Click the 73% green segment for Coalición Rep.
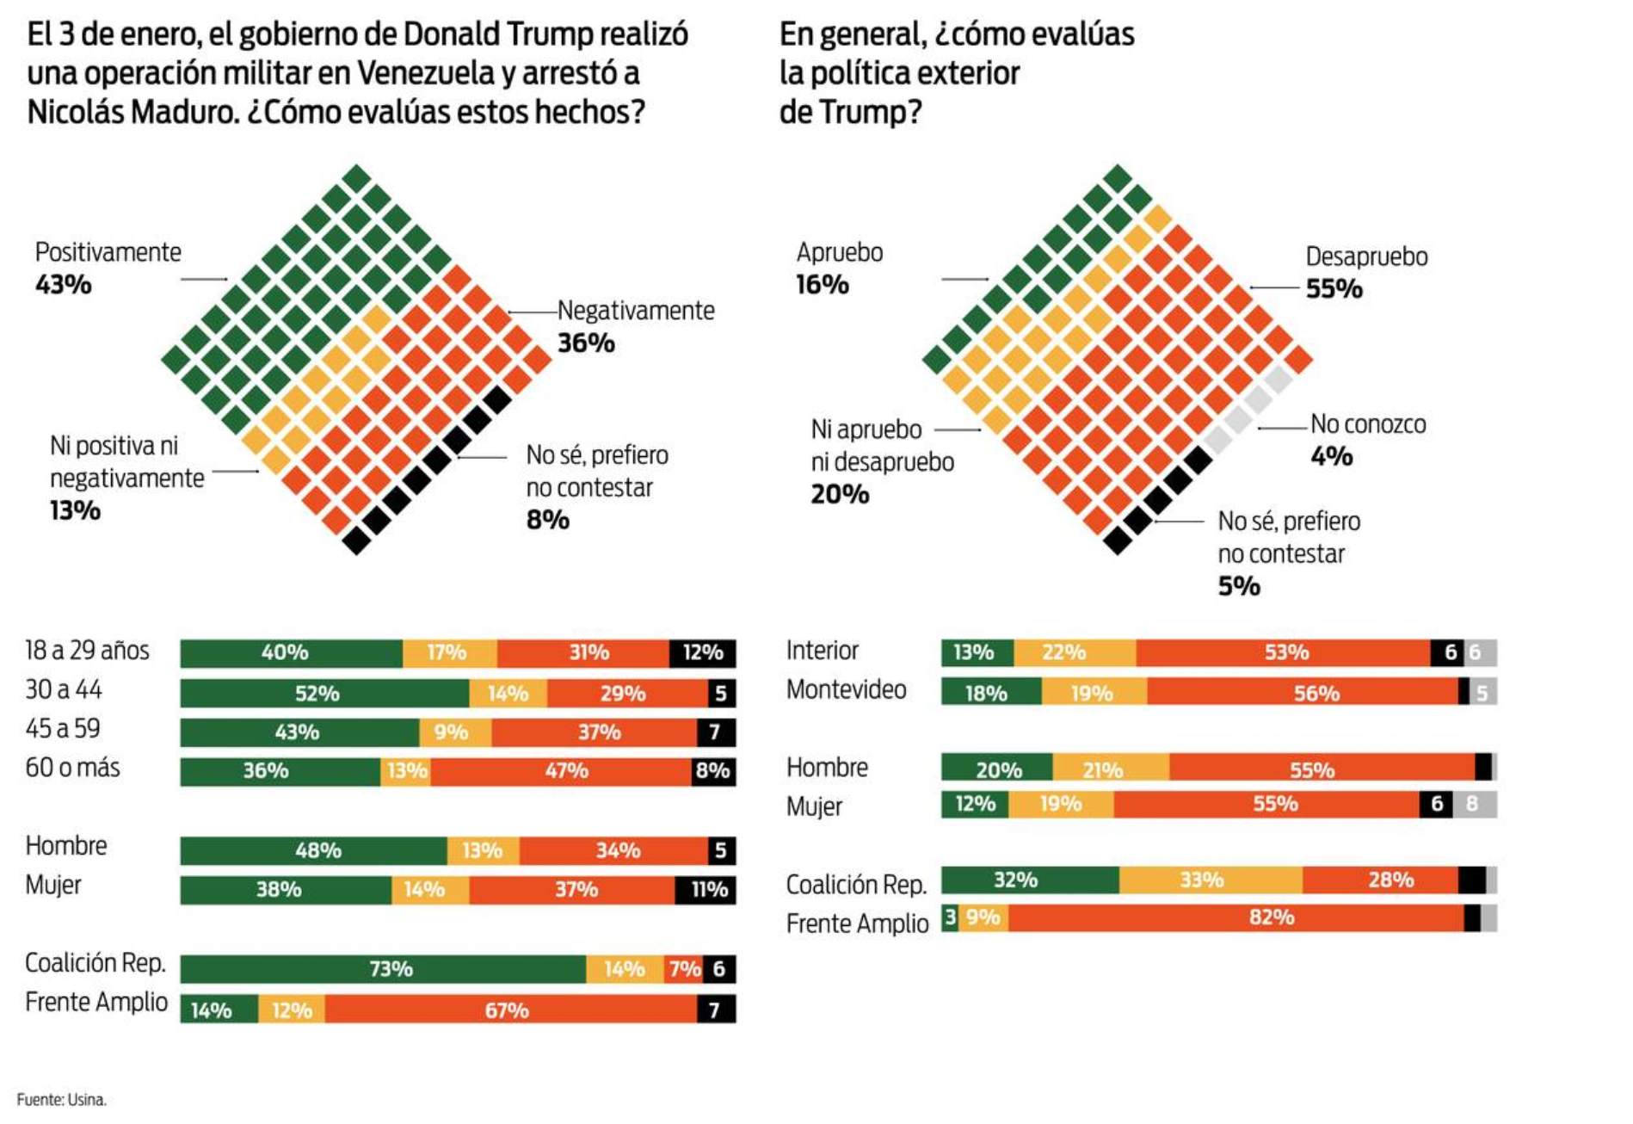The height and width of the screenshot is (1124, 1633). click(x=383, y=969)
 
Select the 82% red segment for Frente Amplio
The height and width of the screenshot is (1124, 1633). click(x=1236, y=918)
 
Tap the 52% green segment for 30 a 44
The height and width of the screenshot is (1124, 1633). click(x=324, y=694)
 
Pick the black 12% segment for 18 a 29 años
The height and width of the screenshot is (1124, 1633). click(x=702, y=653)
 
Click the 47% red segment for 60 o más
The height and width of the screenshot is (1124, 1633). click(x=561, y=771)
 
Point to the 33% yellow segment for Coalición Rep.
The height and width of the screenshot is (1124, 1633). click(x=1211, y=880)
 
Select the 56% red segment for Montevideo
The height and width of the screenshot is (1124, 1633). click(x=1303, y=692)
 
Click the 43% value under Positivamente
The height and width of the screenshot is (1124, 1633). click(x=64, y=285)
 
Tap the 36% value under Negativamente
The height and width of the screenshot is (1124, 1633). click(x=586, y=343)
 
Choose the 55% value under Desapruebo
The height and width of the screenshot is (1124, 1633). click(x=1334, y=289)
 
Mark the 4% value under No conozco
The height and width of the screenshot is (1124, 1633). click(x=1331, y=456)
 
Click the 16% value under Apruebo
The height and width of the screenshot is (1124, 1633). click(x=822, y=285)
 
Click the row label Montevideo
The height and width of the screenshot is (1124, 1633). click(x=846, y=690)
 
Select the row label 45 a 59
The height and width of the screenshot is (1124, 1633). click(x=63, y=729)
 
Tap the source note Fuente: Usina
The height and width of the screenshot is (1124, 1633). click(x=61, y=1100)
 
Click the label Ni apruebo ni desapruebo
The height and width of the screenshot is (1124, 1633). click(x=882, y=446)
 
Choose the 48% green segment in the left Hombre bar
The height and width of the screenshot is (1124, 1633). click(x=314, y=851)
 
